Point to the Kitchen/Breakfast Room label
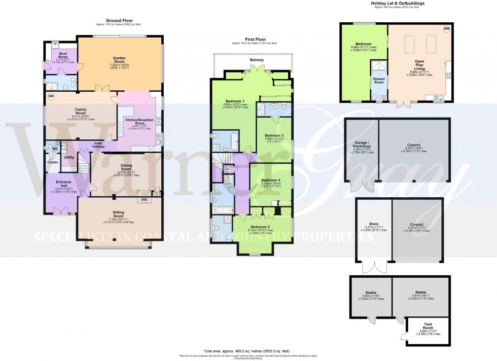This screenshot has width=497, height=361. click(x=135, y=122)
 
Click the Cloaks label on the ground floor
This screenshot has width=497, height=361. click(x=53, y=162)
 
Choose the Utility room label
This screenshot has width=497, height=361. click(x=69, y=158)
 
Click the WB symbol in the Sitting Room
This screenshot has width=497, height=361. click(x=144, y=200)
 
